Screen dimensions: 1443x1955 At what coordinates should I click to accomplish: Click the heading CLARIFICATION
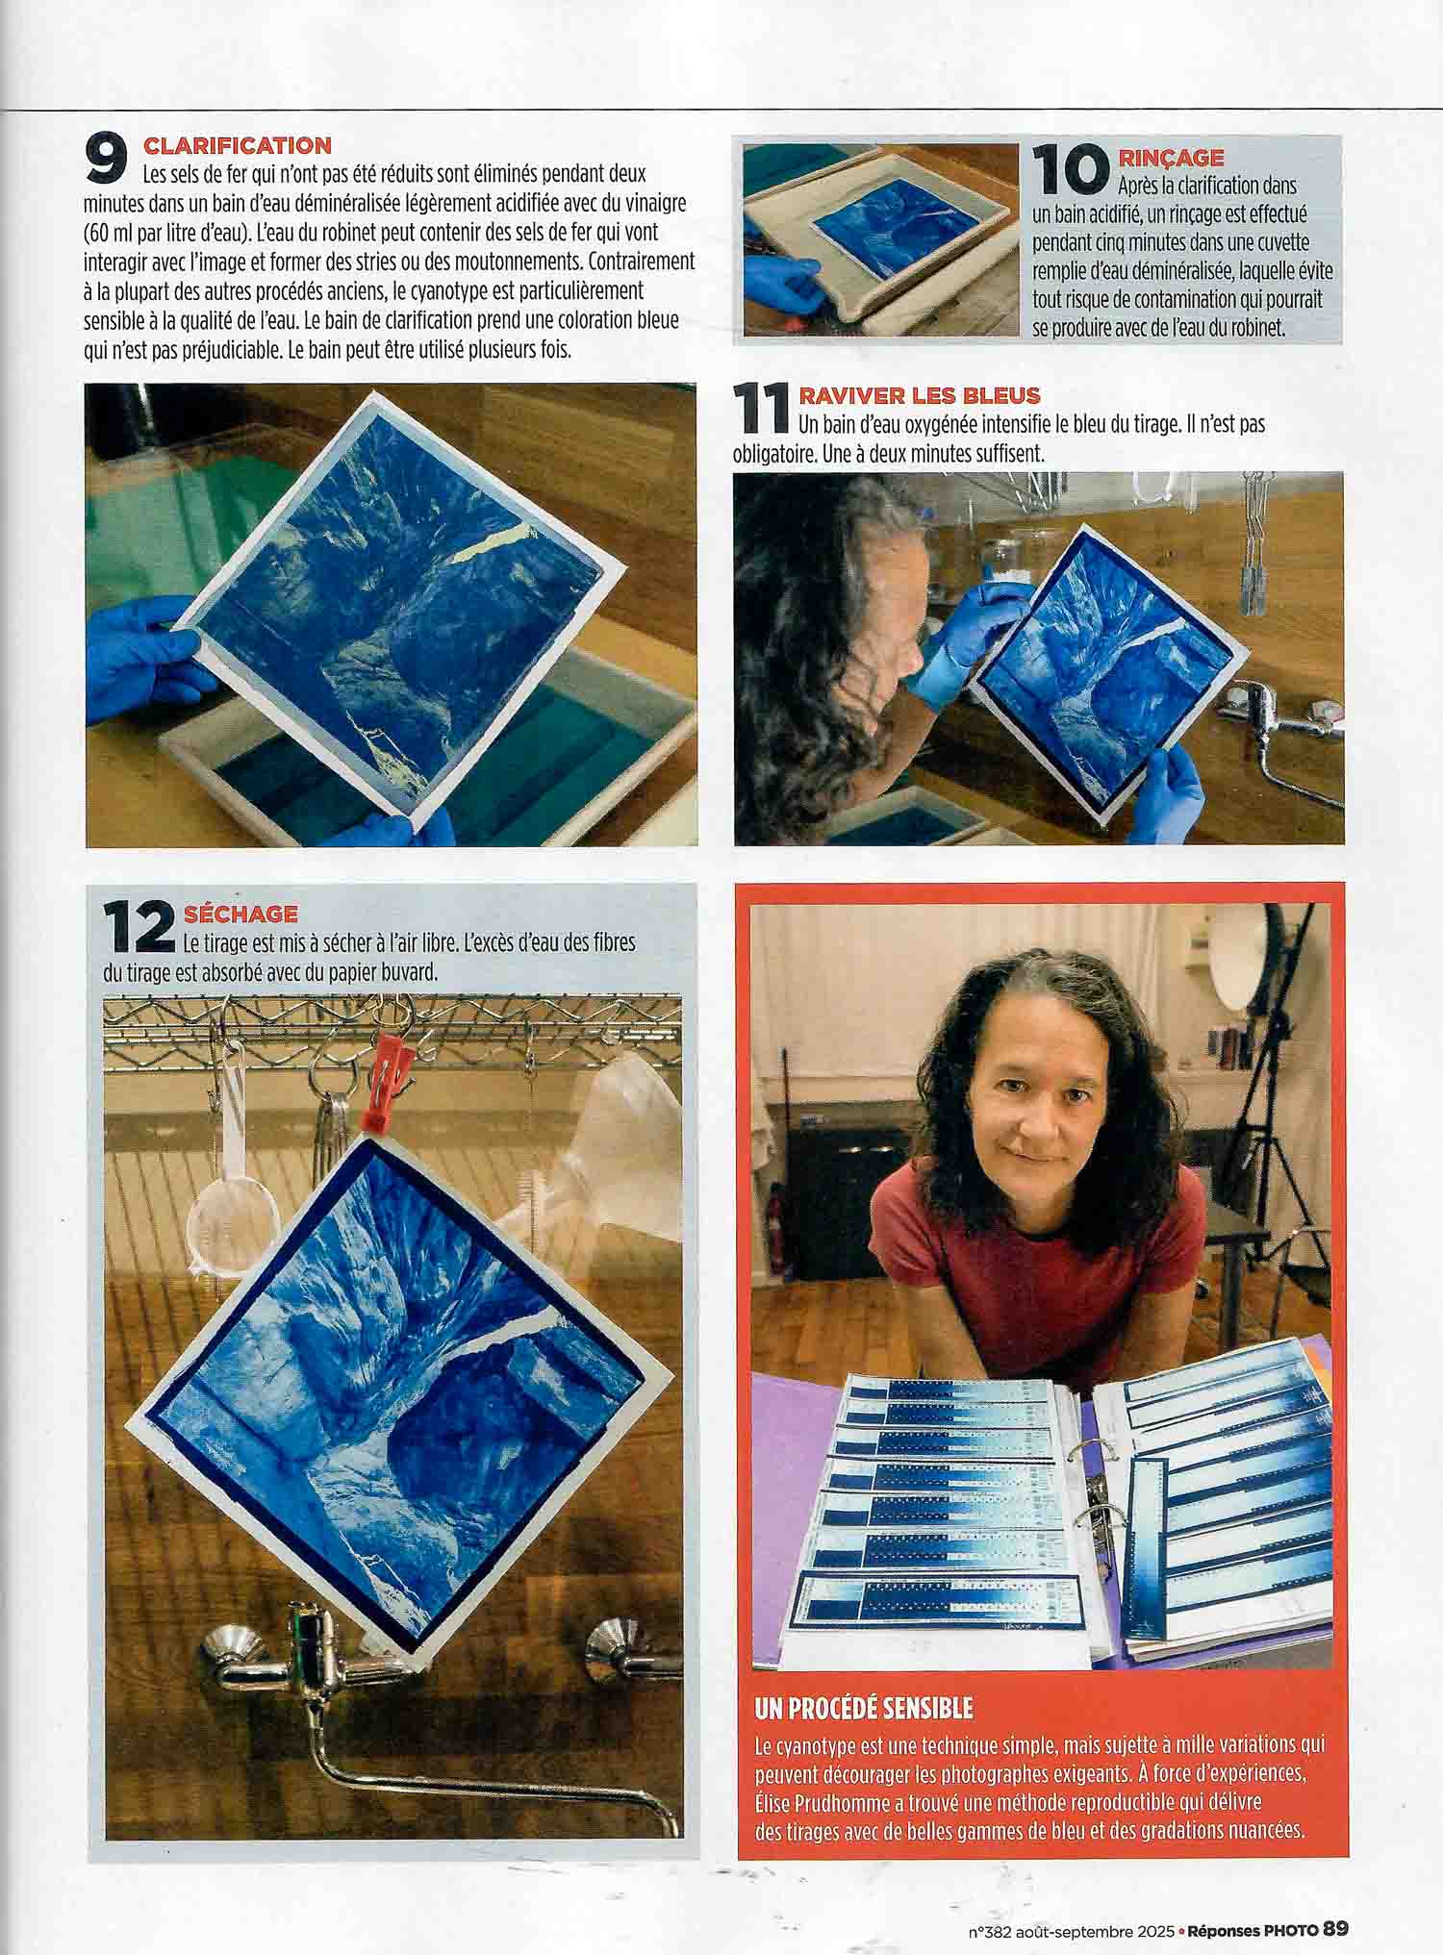click(x=237, y=146)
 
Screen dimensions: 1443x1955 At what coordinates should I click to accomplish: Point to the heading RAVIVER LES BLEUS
click(x=920, y=395)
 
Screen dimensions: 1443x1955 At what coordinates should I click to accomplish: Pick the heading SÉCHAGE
click(x=240, y=914)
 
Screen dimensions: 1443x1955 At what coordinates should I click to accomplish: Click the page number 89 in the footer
click(x=1336, y=1901)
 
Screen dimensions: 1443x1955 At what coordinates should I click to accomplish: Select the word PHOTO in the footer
click(x=1291, y=1902)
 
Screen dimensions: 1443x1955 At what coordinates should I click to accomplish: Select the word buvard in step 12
click(x=408, y=972)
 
